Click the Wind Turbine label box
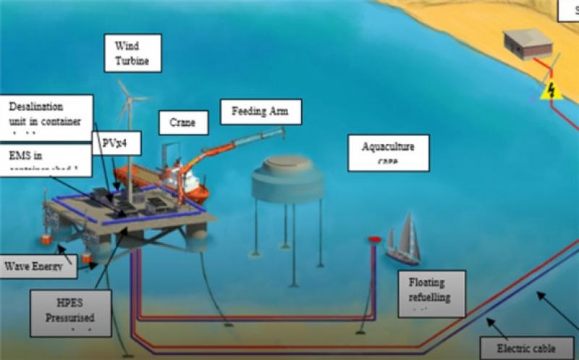pyautogui.click(x=132, y=52)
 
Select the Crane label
pyautogui.click(x=183, y=122)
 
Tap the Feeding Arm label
pyautogui.click(x=261, y=112)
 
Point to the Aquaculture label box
pyautogui.click(x=388, y=152)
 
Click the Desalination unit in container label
pyautogui.click(x=46, y=114)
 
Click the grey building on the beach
pyautogui.click(x=528, y=45)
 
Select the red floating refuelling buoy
pyautogui.click(x=375, y=239)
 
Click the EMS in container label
pyautogui.click(x=46, y=159)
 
